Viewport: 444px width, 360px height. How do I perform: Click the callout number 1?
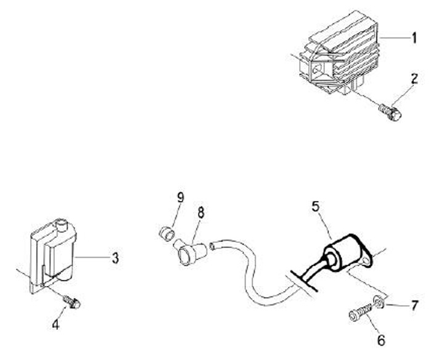(414, 38)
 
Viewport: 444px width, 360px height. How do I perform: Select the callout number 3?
(115, 258)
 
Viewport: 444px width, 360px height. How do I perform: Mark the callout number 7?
(414, 305)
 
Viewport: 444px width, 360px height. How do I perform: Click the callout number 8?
(201, 213)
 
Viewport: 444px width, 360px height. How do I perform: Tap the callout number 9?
(181, 197)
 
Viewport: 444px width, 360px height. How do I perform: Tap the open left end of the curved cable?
(213, 247)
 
